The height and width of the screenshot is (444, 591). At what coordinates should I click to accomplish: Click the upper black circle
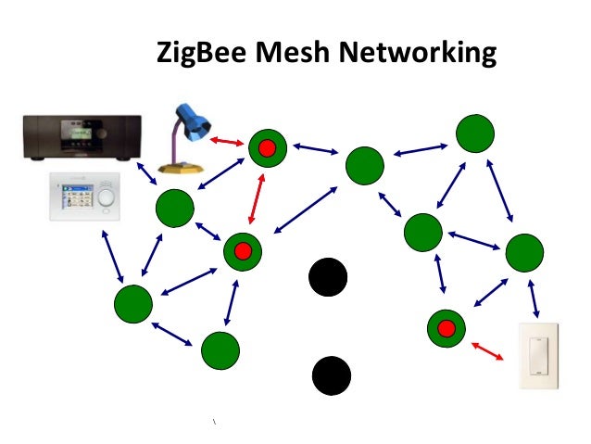coord(327,277)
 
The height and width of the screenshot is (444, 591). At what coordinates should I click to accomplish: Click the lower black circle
coord(331,374)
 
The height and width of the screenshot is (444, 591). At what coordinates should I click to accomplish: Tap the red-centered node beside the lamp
coord(267,146)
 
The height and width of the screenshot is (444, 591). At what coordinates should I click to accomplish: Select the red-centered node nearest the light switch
coord(446,327)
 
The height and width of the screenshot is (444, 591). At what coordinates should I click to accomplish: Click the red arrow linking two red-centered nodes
coord(257,197)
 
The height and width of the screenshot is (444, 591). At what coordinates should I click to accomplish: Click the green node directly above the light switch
coord(523,253)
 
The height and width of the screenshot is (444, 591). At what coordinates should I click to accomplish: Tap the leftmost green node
coord(133,304)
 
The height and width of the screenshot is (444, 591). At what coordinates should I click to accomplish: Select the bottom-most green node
coord(220,349)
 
